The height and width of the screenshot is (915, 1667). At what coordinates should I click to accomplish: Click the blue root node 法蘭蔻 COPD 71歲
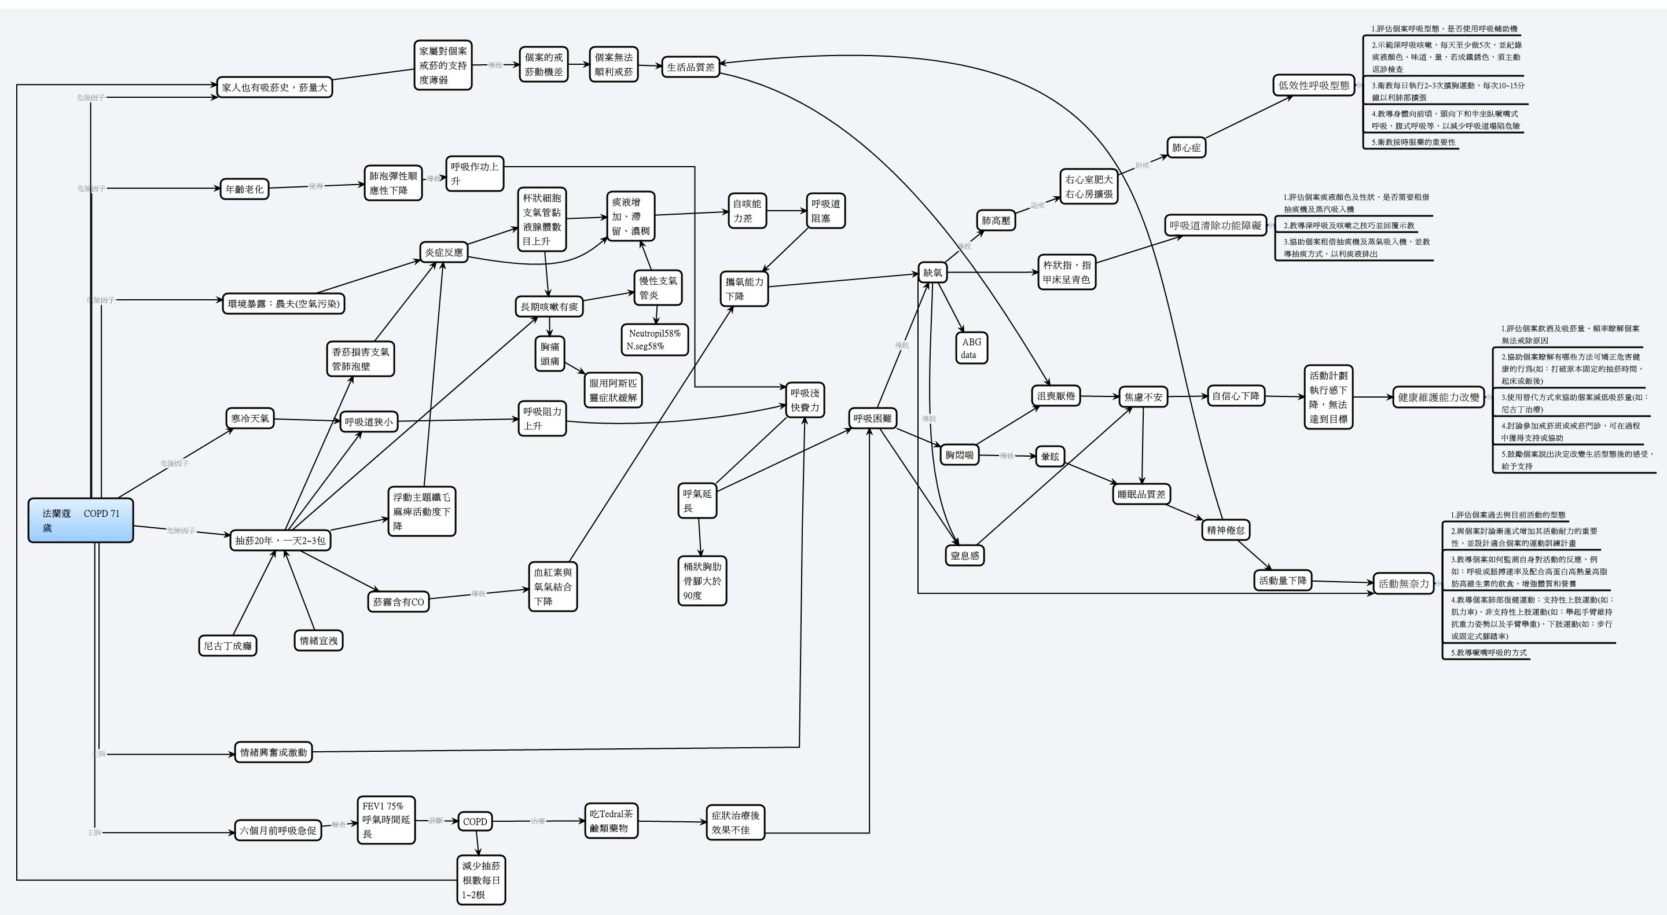point(81,520)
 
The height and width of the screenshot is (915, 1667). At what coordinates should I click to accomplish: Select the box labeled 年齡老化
point(244,189)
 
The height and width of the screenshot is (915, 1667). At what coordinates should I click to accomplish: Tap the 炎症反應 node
point(443,252)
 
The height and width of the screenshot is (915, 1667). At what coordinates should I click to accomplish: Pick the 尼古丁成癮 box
point(227,646)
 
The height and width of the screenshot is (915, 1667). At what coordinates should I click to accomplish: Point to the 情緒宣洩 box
point(318,641)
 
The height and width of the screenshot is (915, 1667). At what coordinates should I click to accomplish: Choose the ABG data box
point(971,348)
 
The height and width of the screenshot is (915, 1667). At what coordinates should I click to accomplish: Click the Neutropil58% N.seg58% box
point(654,340)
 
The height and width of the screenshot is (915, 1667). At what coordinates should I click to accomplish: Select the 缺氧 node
point(932,273)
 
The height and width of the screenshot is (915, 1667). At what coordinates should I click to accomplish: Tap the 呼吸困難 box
point(872,418)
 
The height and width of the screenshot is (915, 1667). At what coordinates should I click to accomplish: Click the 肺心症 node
point(1186,148)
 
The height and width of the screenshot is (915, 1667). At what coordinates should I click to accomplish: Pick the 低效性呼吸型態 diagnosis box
point(1314,84)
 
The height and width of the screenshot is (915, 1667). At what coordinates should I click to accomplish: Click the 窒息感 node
point(964,555)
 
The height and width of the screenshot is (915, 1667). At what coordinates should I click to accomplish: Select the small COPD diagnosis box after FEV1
point(475,821)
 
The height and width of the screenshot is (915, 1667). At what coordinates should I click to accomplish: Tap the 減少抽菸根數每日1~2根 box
point(481,880)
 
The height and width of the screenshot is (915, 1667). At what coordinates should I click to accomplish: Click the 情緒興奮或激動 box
point(273,752)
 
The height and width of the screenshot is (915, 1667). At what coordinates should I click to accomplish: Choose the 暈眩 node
point(1049,456)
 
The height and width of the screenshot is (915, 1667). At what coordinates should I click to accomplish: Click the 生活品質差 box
point(691,67)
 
